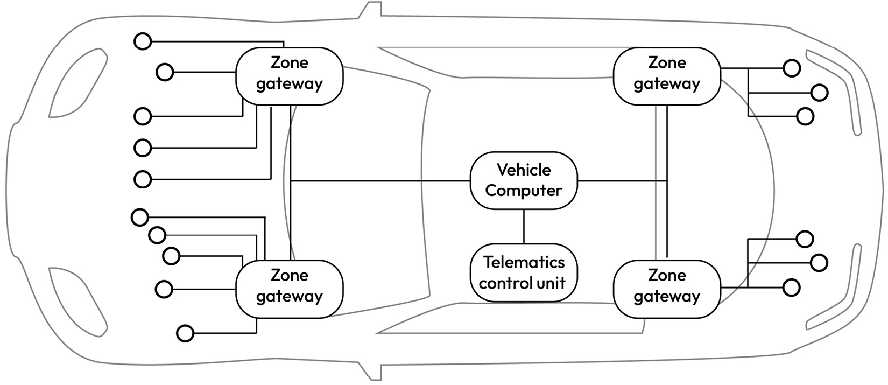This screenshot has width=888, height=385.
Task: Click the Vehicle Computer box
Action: pyautogui.click(x=524, y=180)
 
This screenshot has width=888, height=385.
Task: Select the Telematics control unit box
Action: pyautogui.click(x=524, y=272)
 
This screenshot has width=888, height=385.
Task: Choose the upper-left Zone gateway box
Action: pyautogui.click(x=290, y=76)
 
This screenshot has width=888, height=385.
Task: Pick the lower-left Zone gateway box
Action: pyautogui.click(x=290, y=289)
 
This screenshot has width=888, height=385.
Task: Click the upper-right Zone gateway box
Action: pyautogui.click(x=667, y=76)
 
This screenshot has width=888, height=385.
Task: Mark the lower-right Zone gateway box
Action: pyautogui.click(x=667, y=289)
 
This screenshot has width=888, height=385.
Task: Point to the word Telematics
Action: pyautogui.click(x=524, y=262)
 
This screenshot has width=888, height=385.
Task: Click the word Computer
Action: pyautogui.click(x=524, y=191)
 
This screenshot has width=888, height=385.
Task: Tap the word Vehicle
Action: pyautogui.click(x=524, y=170)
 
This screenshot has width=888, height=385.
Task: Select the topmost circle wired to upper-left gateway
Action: pyautogui.click(x=143, y=41)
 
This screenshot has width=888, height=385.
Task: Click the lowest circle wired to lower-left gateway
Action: pyautogui.click(x=185, y=333)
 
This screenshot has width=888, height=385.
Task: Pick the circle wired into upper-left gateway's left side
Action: pyautogui.click(x=165, y=72)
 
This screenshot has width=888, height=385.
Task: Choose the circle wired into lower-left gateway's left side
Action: pyautogui.click(x=164, y=289)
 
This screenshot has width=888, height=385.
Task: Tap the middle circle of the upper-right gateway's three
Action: pyautogui.click(x=819, y=93)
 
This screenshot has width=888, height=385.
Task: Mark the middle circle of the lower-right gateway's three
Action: pyautogui.click(x=819, y=263)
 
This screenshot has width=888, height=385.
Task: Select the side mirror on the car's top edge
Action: pyautogui.click(x=371, y=11)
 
